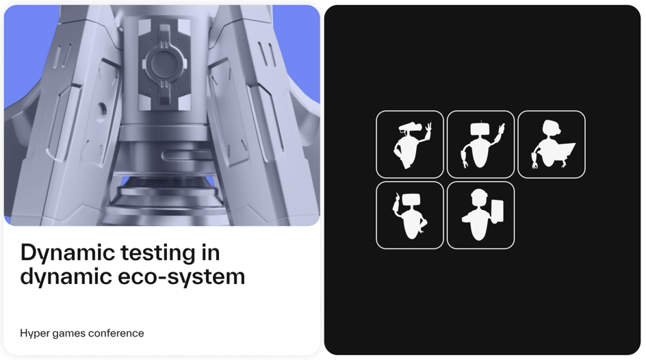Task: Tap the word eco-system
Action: click(181, 277)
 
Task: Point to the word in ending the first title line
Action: click(211, 252)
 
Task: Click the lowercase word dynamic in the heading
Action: click(66, 277)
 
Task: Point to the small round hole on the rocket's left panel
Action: click(101, 110)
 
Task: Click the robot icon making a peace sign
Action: click(410, 144)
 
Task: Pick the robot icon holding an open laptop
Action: click(552, 144)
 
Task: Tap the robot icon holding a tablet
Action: click(480, 215)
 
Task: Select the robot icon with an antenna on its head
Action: click(480, 144)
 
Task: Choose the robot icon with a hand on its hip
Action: click(410, 215)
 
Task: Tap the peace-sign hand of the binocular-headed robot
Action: click(428, 131)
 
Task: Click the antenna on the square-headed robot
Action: click(481, 123)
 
